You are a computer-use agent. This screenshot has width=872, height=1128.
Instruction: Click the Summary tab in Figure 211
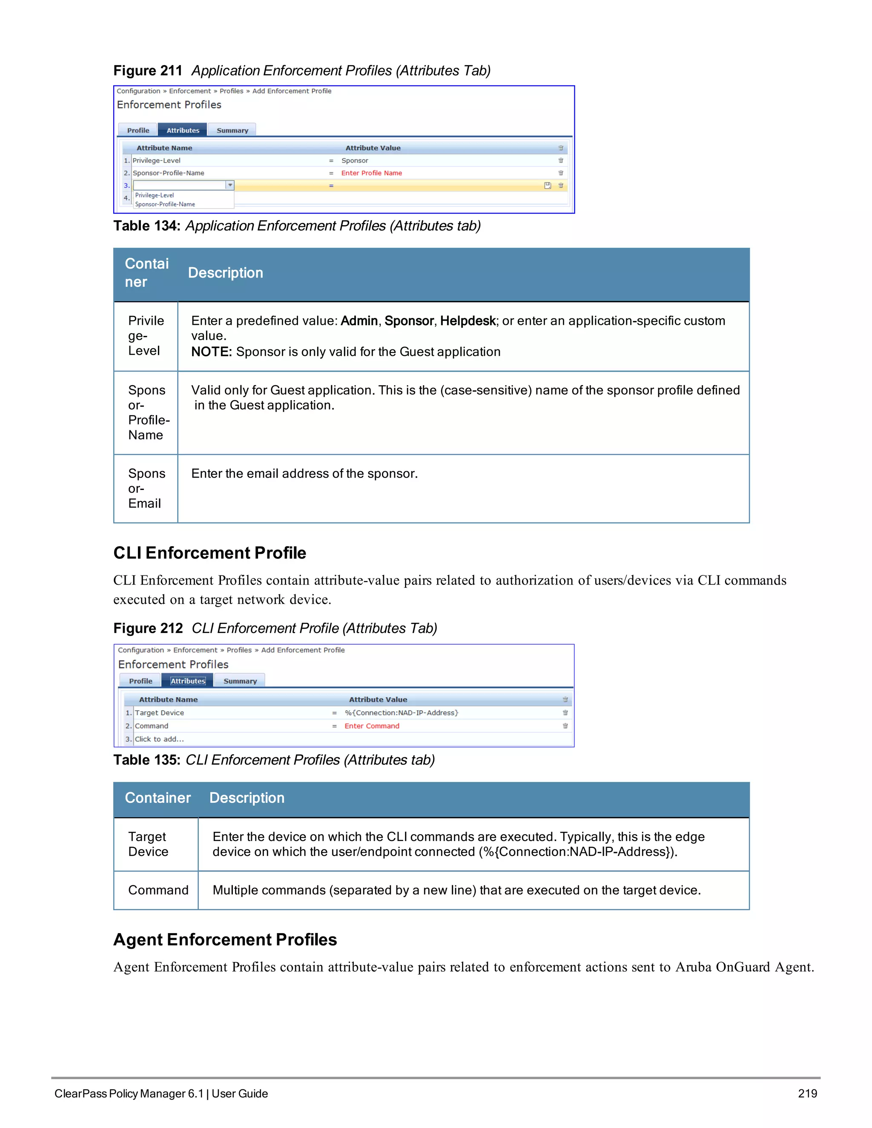232,130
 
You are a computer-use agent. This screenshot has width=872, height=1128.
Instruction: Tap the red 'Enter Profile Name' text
371,173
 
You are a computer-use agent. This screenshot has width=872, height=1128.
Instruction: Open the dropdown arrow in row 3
230,185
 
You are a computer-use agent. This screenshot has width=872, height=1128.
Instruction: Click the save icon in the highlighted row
547,186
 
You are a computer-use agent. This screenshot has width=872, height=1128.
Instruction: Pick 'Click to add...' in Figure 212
159,739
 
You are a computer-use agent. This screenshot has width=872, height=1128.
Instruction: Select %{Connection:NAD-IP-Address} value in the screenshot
402,713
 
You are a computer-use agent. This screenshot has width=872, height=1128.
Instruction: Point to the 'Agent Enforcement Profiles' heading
225,939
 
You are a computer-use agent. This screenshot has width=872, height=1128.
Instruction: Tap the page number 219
807,1094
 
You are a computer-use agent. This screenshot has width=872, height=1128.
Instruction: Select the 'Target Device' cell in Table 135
148,844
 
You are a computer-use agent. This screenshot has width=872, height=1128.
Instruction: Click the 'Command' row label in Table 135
158,890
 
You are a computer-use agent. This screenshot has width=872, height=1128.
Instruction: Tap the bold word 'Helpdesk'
468,321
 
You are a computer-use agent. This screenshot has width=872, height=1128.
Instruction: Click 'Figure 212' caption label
148,628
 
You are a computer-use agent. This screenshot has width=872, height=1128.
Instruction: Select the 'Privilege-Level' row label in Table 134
146,336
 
